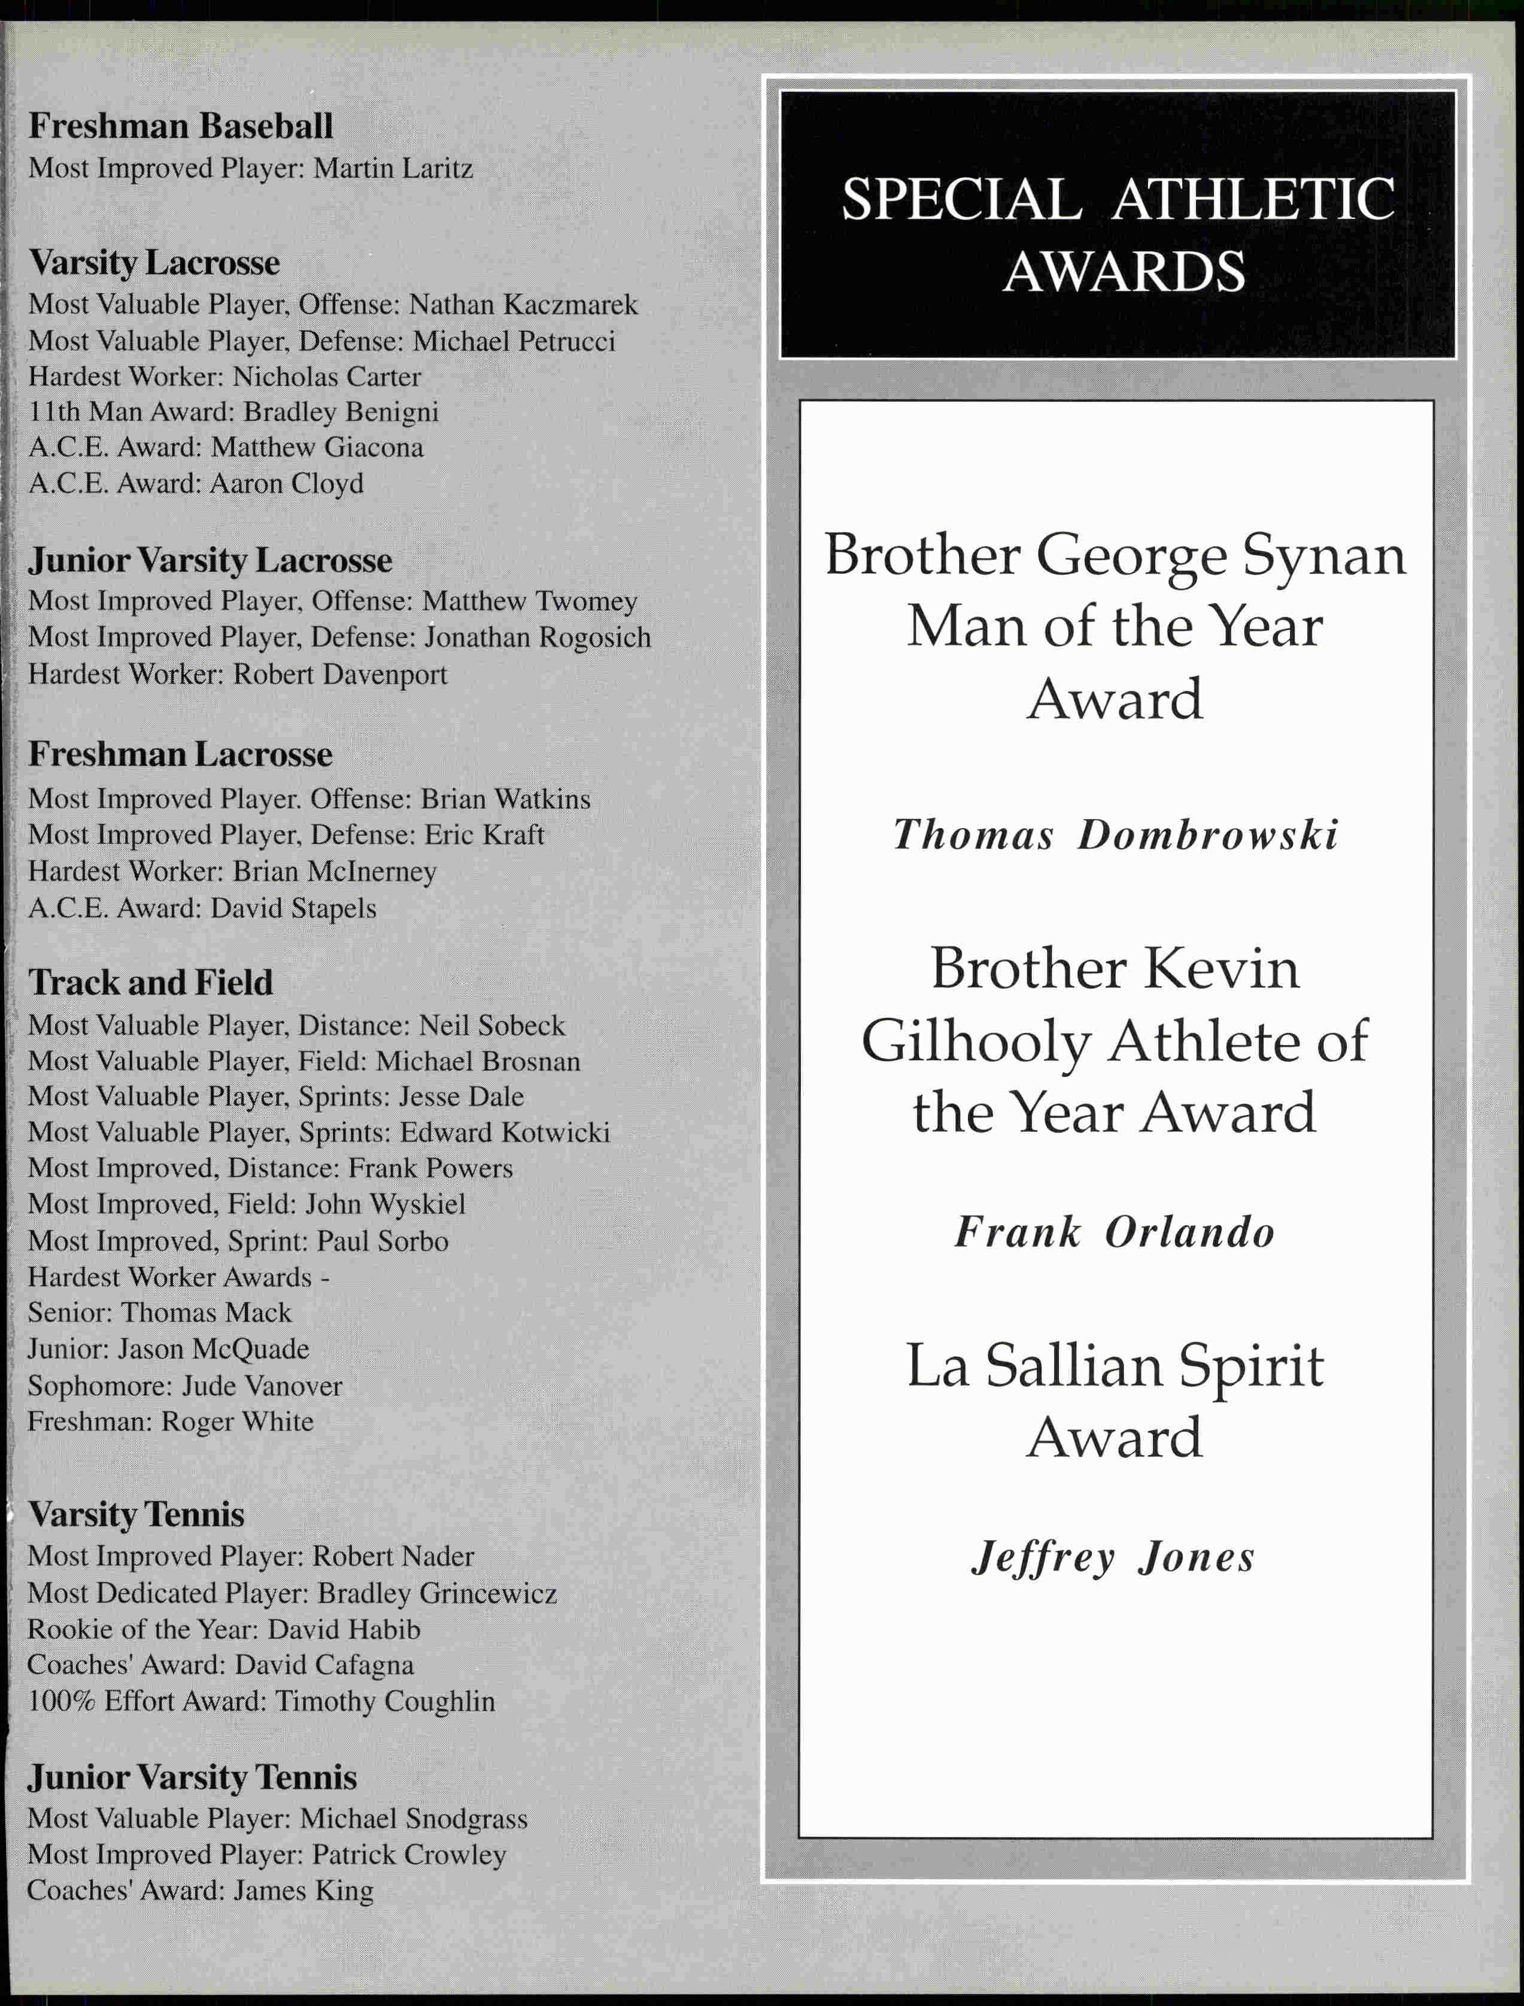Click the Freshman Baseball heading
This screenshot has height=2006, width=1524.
point(181,126)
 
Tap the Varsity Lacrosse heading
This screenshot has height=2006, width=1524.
point(154,263)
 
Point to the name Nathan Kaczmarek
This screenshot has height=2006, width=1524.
point(523,305)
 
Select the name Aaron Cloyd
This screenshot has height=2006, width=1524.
point(287,483)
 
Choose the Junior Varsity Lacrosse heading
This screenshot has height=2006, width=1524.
point(211,561)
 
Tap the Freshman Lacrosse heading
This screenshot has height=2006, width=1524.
point(181,754)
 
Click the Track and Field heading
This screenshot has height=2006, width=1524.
point(151,983)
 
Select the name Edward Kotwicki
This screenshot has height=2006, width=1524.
point(505,1133)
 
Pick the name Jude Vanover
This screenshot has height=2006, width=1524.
point(262,1386)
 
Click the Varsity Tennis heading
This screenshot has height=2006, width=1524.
point(136,1514)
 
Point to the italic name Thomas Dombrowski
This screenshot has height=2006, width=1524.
point(1115,835)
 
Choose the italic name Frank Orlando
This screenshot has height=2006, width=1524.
point(1114,1232)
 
